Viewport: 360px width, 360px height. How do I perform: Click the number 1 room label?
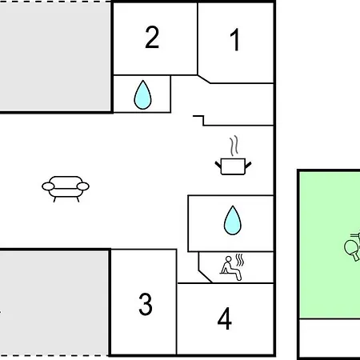[x=235, y=40]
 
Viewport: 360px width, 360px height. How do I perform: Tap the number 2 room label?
[x=152, y=37]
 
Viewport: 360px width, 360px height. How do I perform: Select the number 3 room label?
[x=146, y=304]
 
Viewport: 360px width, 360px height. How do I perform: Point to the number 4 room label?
[x=224, y=318]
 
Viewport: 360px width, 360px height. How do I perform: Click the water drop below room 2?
[x=142, y=95]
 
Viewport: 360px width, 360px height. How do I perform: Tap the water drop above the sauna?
[x=233, y=220]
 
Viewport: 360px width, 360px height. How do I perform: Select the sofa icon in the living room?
[x=66, y=189]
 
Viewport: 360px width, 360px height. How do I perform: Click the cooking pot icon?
[x=233, y=166]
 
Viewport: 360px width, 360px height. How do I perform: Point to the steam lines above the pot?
[x=234, y=146]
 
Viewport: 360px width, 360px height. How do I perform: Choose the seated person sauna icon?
[x=231, y=268]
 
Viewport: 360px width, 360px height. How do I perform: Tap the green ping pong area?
[x=330, y=245]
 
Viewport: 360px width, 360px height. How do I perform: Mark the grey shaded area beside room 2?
[x=55, y=57]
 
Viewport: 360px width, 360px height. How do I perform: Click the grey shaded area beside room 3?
[x=54, y=303]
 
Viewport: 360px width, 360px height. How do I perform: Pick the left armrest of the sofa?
[x=48, y=186]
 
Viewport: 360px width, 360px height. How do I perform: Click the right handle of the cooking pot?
[x=248, y=165]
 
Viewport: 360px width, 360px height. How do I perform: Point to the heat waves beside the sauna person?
[x=240, y=260]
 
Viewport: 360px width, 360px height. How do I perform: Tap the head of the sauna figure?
[x=229, y=259]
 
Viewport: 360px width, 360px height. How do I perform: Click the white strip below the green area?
[x=330, y=338]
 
